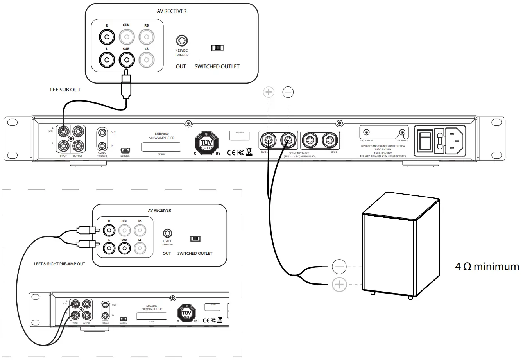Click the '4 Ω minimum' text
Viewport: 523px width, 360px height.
(x=487, y=267)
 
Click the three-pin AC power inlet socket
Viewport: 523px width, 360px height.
(x=453, y=139)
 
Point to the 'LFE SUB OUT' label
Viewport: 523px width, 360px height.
(x=65, y=90)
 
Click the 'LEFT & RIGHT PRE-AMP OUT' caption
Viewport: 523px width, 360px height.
(x=59, y=264)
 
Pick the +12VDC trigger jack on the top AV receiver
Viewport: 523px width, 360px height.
(x=181, y=40)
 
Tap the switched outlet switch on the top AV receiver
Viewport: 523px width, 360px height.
(x=217, y=48)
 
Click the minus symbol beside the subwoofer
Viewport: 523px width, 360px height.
(x=339, y=267)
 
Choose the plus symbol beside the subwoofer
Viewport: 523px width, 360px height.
(x=339, y=285)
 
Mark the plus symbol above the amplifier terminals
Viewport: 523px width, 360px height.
(x=269, y=92)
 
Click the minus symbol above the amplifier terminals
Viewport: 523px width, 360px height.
(x=288, y=92)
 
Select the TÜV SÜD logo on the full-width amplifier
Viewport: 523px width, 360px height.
(x=206, y=143)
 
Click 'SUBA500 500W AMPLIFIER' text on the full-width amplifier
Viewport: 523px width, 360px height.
(x=161, y=136)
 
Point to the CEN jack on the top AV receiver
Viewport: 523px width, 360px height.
(x=126, y=38)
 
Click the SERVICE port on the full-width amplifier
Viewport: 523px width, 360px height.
(x=125, y=150)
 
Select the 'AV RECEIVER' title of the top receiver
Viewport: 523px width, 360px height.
(x=172, y=11)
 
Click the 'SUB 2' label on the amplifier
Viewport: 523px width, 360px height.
(x=333, y=152)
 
